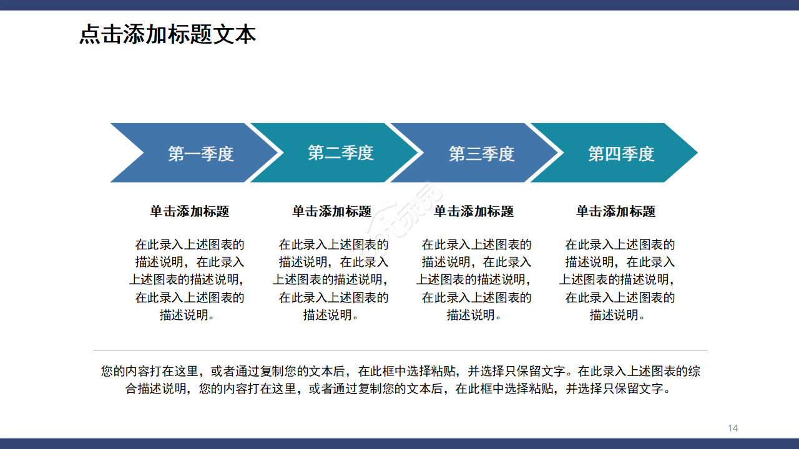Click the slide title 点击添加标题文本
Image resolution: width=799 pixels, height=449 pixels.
pyautogui.click(x=167, y=34)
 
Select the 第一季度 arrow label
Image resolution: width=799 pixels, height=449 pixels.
pyautogui.click(x=200, y=153)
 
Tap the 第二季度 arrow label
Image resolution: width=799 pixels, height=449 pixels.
pyautogui.click(x=340, y=153)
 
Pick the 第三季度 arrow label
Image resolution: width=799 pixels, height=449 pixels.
pyautogui.click(x=481, y=153)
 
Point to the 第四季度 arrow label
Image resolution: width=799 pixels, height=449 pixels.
pyautogui.click(x=621, y=153)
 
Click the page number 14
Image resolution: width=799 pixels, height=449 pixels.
pyautogui.click(x=733, y=428)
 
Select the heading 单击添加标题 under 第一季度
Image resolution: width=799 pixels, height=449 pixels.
pyautogui.click(x=189, y=211)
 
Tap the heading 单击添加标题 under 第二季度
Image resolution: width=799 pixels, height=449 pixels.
pyautogui.click(x=331, y=211)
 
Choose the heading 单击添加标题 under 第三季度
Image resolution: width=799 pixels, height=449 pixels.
pyautogui.click(x=474, y=211)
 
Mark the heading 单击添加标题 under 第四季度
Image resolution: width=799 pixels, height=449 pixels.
pyautogui.click(x=615, y=211)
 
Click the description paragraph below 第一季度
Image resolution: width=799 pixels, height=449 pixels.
pyautogui.click(x=188, y=279)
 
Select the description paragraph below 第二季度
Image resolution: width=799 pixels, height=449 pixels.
pyautogui.click(x=331, y=279)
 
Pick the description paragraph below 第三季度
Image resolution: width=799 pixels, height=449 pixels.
pyautogui.click(x=475, y=279)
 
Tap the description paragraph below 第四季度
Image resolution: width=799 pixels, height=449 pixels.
pyautogui.click(x=618, y=279)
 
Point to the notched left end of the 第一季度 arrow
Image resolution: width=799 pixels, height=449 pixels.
pyautogui.click(x=125, y=153)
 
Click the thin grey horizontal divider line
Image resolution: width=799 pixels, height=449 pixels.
pyautogui.click(x=400, y=350)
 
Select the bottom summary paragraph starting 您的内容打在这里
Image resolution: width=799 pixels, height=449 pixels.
pyautogui.click(x=400, y=380)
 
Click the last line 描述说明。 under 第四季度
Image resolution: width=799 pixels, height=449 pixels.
pyautogui.click(x=617, y=315)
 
